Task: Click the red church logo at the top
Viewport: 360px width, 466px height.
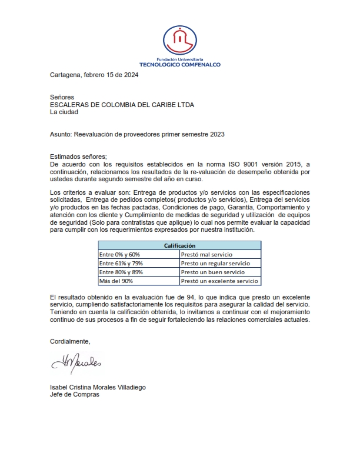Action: (x=179, y=41)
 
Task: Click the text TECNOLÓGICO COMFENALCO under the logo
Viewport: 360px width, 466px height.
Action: (x=179, y=65)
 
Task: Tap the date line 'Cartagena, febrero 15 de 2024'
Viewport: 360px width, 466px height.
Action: (x=94, y=75)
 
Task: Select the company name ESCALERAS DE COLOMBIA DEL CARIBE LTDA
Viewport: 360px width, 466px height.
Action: (x=122, y=105)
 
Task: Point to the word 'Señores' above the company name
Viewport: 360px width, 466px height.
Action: (x=62, y=98)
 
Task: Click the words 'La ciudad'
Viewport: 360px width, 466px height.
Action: (x=65, y=112)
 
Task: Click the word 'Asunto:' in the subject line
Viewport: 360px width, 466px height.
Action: (x=61, y=134)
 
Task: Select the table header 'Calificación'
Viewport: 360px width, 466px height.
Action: (x=179, y=246)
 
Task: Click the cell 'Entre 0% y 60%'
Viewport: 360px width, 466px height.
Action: (x=120, y=254)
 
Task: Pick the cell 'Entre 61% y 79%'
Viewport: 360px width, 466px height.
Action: (x=121, y=263)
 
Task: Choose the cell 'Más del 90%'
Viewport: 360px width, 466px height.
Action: (x=116, y=281)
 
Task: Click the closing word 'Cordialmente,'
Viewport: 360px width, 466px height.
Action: (x=71, y=341)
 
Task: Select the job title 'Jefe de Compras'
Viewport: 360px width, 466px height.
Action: (x=74, y=394)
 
